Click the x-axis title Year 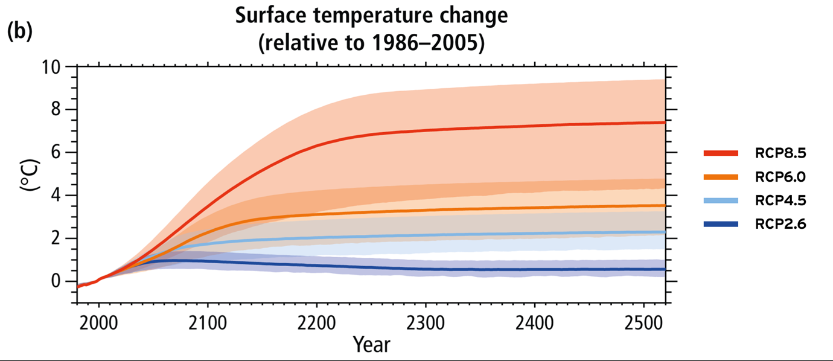pyautogui.click(x=371, y=345)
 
